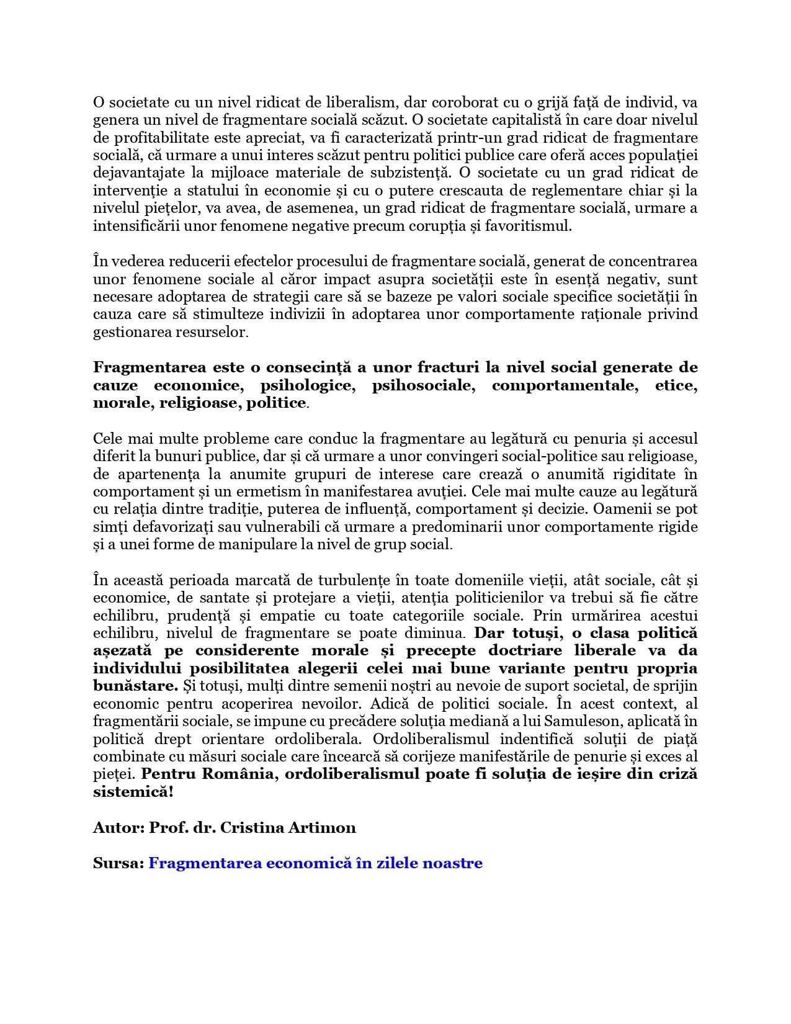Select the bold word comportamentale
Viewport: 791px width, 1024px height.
(x=565, y=385)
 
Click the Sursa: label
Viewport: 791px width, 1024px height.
(x=118, y=863)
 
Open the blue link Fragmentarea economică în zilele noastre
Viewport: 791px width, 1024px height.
(x=315, y=863)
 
